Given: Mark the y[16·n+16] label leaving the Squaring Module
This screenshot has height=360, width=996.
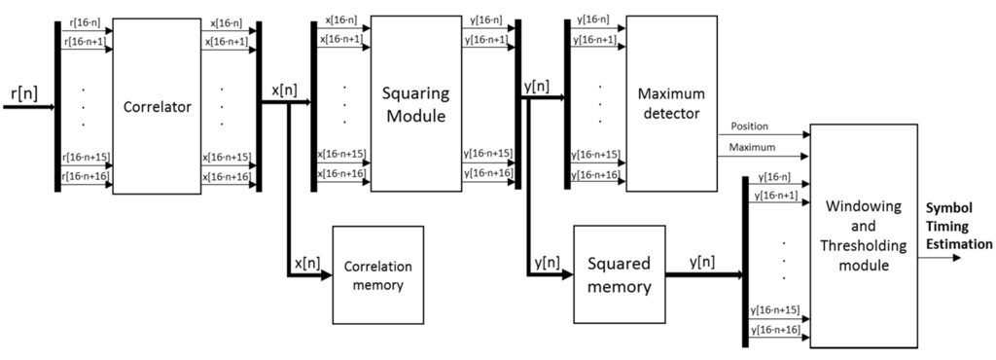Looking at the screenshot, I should click(488, 173).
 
